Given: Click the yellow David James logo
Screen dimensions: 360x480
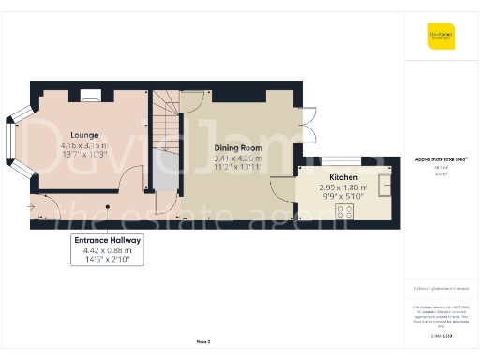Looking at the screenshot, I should (441, 37).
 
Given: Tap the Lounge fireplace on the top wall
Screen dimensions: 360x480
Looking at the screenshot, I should (90, 94).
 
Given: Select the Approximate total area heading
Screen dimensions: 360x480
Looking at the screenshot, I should (441, 159).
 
